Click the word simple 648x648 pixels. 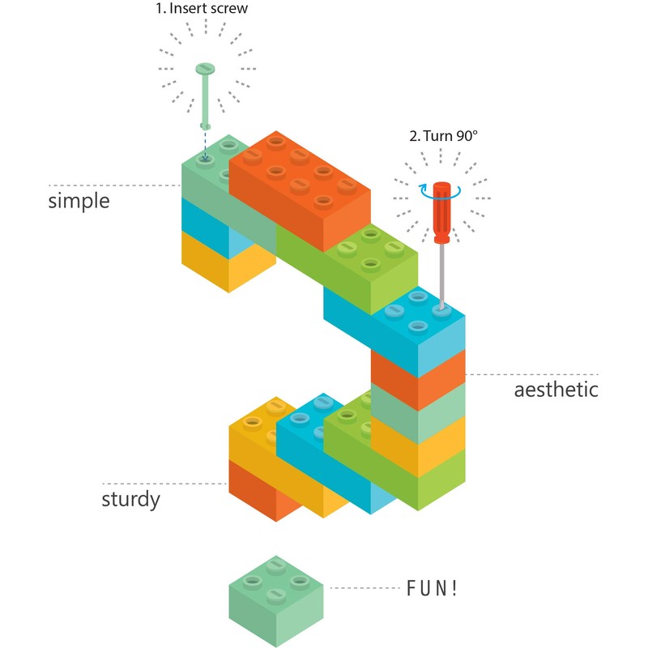[79, 200]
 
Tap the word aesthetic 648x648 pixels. [556, 390]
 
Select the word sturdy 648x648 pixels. [130, 497]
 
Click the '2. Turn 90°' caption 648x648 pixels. [444, 136]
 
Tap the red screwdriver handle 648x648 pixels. [441, 212]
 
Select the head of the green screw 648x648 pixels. [207, 70]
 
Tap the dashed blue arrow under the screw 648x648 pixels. [206, 146]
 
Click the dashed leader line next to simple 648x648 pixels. [113, 185]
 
